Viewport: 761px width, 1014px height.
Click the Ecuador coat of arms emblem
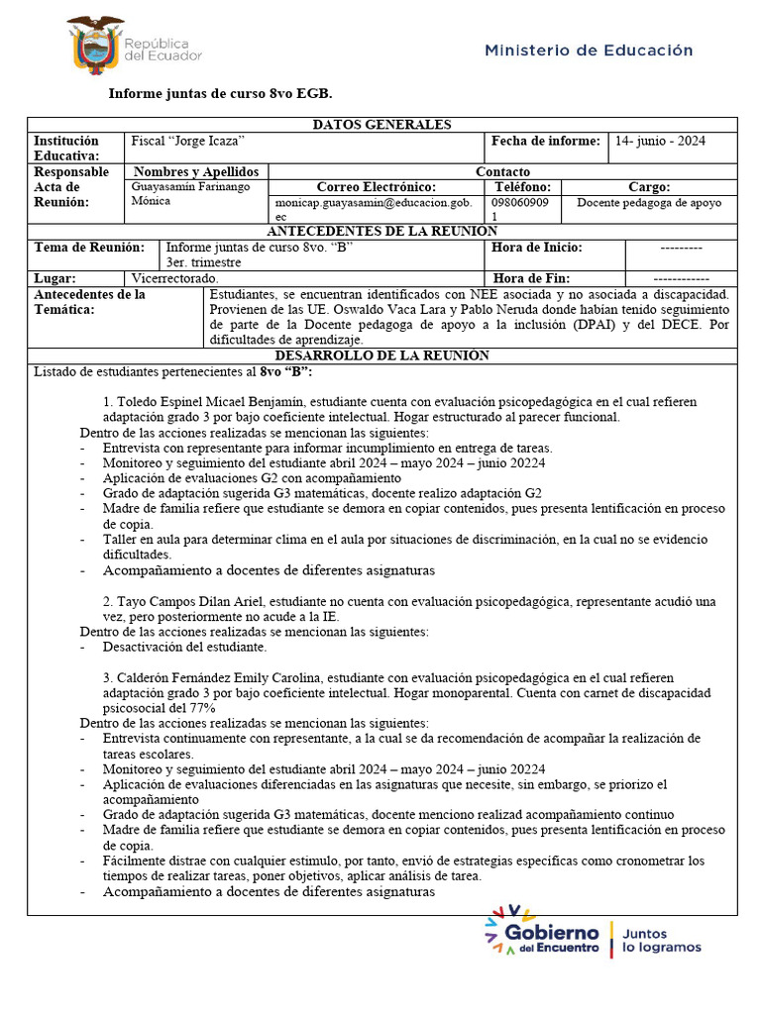coord(95,44)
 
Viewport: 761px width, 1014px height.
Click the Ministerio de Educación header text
coord(589,51)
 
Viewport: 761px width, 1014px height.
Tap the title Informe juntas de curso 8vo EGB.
coord(220,93)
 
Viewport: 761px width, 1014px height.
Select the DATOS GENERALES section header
coord(381,125)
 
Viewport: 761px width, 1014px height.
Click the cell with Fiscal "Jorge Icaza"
coord(188,142)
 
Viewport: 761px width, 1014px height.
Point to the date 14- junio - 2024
coord(660,142)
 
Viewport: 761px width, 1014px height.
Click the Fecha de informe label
coord(545,142)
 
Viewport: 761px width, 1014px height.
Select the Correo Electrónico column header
coord(377,187)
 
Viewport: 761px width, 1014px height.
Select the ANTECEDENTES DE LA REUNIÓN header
coord(381,231)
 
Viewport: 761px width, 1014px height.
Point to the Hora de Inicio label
coord(536,248)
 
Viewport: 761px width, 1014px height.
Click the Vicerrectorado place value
coord(174,279)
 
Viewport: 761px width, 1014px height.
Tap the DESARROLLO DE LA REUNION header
coord(381,355)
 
